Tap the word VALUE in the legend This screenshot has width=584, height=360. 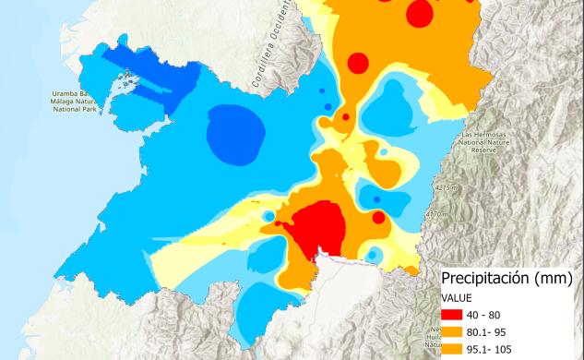pos(457,297)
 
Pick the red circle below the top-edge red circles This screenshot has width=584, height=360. pos(358,63)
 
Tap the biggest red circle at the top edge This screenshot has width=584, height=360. pos(420,14)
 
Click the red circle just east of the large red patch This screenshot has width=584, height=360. pos(378,218)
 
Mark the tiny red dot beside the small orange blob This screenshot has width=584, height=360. pos(345,117)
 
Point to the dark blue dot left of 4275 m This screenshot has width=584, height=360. pos(377,199)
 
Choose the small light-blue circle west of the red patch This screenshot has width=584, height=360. pos(268,216)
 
